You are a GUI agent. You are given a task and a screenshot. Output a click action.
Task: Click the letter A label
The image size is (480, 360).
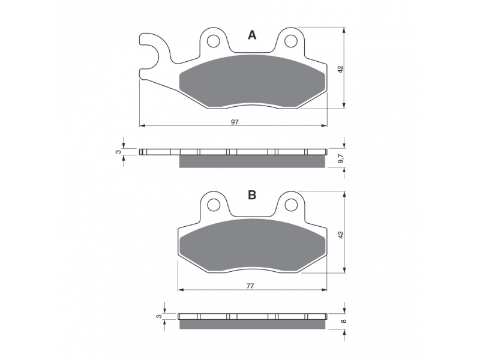252,35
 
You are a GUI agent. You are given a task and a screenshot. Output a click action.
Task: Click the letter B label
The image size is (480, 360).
252,194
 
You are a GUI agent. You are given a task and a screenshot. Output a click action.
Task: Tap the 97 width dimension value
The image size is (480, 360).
235,122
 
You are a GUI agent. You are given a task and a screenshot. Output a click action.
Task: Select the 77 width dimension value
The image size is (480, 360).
250,286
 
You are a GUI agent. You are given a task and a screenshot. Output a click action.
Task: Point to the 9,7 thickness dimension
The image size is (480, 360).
341,158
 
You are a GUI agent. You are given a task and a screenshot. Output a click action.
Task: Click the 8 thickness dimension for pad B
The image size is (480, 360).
343,321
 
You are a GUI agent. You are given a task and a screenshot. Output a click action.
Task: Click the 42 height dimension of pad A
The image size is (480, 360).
341,69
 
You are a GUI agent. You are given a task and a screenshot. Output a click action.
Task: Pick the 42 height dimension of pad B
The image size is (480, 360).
341,235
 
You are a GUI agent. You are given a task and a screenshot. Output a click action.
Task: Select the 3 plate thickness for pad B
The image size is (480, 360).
158,317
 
